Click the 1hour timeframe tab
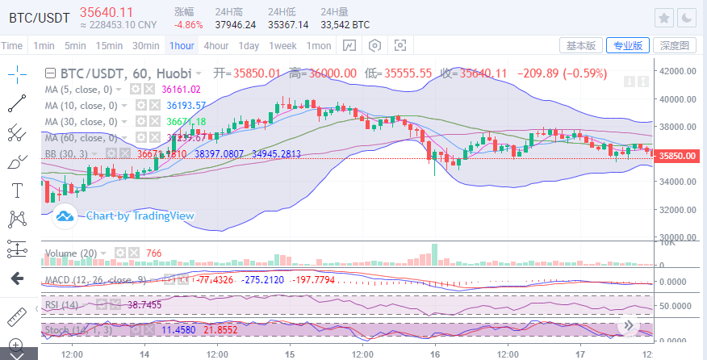(x=182, y=45)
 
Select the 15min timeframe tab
(x=109, y=45)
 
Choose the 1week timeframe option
(x=282, y=45)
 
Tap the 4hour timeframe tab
(x=215, y=45)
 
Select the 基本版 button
(x=581, y=45)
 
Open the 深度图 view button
(x=674, y=45)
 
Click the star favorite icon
(x=664, y=18)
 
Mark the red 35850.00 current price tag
(x=676, y=156)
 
